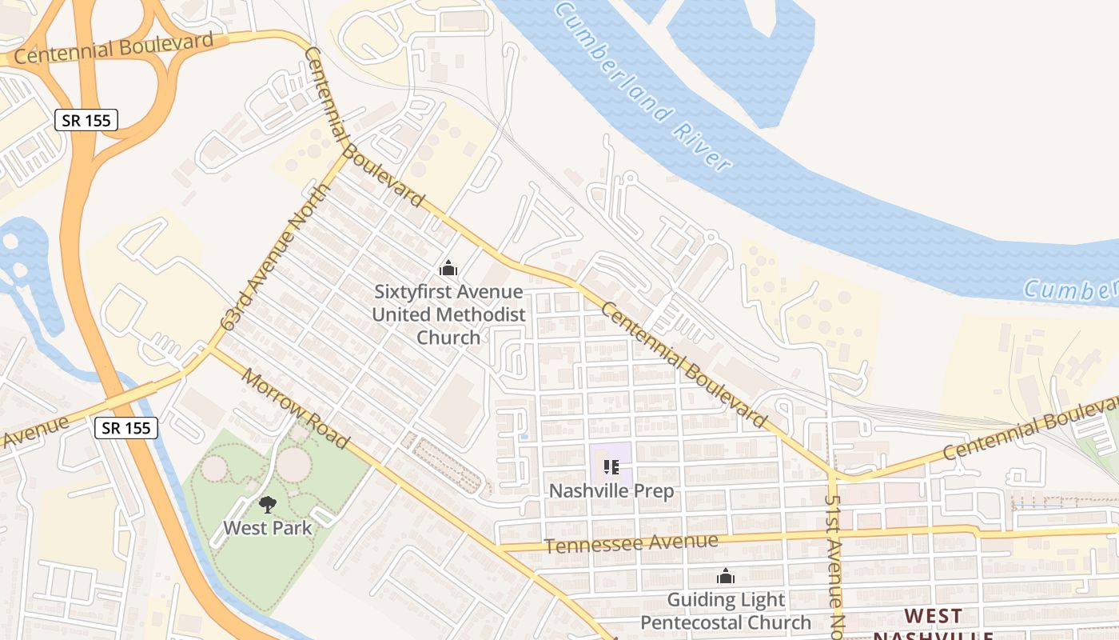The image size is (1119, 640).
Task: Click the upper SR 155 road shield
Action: (86, 120)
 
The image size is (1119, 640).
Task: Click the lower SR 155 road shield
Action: (125, 427)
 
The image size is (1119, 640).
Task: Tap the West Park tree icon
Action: (267, 504)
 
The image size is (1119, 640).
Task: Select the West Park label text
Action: (267, 528)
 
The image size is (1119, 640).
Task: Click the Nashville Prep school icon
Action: (611, 466)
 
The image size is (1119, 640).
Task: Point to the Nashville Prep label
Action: (611, 490)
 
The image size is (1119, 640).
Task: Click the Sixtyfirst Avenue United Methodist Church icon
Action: (448, 268)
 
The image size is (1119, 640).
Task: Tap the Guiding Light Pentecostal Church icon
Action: (726, 575)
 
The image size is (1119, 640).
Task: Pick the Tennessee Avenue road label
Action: (631, 543)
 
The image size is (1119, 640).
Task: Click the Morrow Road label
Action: (296, 408)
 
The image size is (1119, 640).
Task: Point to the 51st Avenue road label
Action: (834, 560)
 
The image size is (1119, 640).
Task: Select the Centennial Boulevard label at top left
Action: (113, 48)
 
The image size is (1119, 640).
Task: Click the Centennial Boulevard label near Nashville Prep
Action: (683, 364)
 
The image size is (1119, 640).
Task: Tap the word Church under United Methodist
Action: (448, 337)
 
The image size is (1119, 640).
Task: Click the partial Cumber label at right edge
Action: (1071, 290)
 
